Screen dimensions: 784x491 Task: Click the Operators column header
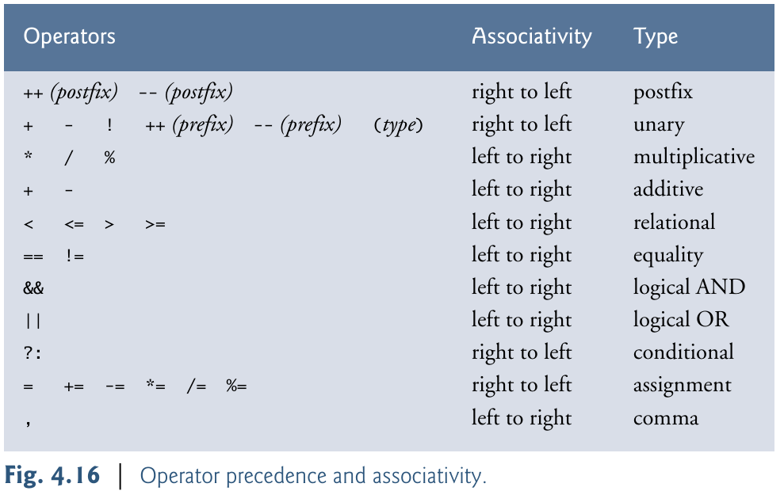pyautogui.click(x=69, y=36)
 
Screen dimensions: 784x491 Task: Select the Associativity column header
pyautogui.click(x=531, y=36)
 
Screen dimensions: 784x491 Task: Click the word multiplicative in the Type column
pyautogui.click(x=694, y=157)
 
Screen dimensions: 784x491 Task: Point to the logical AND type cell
pyautogui.click(x=689, y=287)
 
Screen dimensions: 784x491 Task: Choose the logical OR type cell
pyautogui.click(x=681, y=320)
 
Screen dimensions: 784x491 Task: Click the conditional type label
pyautogui.click(x=683, y=352)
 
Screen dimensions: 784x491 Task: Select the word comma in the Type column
pyautogui.click(x=666, y=418)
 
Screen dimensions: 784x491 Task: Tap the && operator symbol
pyautogui.click(x=33, y=288)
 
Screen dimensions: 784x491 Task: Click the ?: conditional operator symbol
pyautogui.click(x=33, y=353)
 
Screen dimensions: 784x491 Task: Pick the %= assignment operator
pyautogui.click(x=236, y=386)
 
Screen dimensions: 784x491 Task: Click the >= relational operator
pyautogui.click(x=155, y=224)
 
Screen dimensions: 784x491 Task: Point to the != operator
pyautogui.click(x=75, y=256)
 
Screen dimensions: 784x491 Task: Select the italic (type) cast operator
pyautogui.click(x=398, y=125)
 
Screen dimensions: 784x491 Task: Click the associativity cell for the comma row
pyautogui.click(x=522, y=418)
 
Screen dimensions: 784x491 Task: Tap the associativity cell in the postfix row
pyautogui.click(x=522, y=92)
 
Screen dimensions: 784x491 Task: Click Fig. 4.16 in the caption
pyautogui.click(x=52, y=475)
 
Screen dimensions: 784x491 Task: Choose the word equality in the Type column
pyautogui.click(x=668, y=255)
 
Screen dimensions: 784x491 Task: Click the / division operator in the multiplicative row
pyautogui.click(x=68, y=158)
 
